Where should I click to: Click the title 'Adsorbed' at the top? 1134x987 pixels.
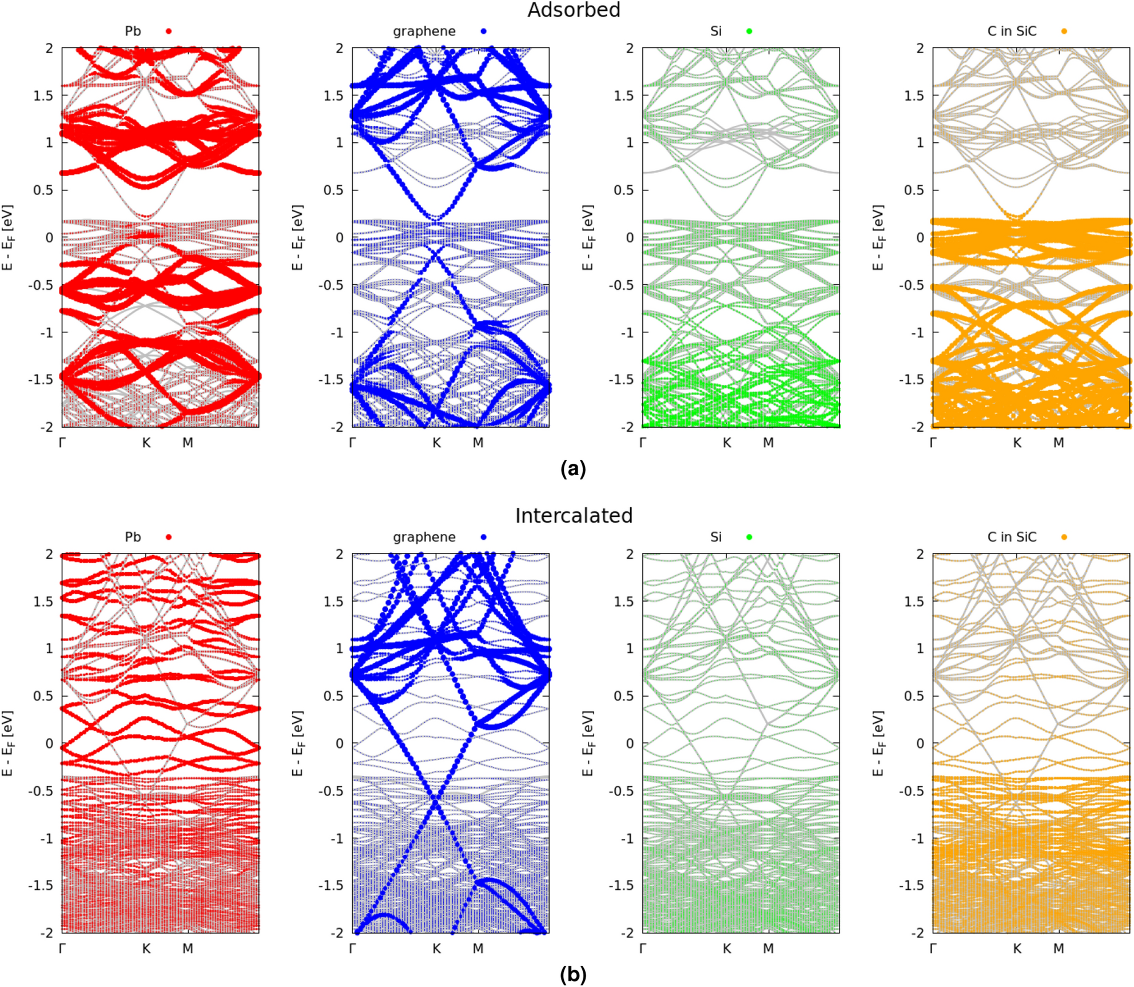(x=573, y=10)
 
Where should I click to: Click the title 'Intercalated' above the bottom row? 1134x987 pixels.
(x=573, y=515)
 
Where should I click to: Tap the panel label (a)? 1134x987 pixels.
(x=573, y=468)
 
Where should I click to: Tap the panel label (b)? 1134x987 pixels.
(x=573, y=974)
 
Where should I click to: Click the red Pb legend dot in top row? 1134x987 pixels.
(x=168, y=31)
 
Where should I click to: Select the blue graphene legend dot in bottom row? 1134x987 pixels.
(x=484, y=537)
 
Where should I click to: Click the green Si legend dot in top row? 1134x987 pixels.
(x=749, y=31)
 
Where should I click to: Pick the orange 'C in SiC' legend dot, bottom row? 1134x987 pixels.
(x=1064, y=537)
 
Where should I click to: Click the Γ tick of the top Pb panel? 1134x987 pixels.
(x=62, y=442)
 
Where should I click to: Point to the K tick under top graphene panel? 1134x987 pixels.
(x=436, y=442)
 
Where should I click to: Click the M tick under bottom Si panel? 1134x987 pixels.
(x=768, y=948)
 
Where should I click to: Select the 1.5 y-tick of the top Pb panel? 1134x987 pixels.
(x=43, y=95)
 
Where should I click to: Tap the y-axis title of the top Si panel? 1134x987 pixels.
(x=588, y=237)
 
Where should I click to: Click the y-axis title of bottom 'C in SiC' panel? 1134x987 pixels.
(x=878, y=743)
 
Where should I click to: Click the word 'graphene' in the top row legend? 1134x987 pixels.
(x=424, y=31)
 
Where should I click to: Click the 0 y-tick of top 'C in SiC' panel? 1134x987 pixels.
(x=920, y=237)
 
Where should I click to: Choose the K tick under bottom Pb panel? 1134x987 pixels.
(x=146, y=948)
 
